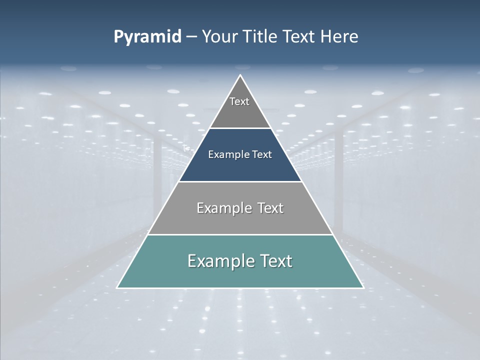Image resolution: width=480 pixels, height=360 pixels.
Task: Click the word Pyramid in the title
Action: (147, 37)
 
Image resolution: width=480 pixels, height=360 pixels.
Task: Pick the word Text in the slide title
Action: (299, 37)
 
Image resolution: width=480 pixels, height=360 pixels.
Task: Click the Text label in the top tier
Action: (239, 101)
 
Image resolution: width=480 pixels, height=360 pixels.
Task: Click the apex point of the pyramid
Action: (240, 75)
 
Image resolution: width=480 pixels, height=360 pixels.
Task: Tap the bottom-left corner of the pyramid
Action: (117, 287)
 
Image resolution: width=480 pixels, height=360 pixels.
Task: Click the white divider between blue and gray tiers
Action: (240, 181)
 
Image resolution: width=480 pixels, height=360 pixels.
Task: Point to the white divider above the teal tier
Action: (240, 234)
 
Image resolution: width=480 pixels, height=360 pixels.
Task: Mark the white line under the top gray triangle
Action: (240, 128)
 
